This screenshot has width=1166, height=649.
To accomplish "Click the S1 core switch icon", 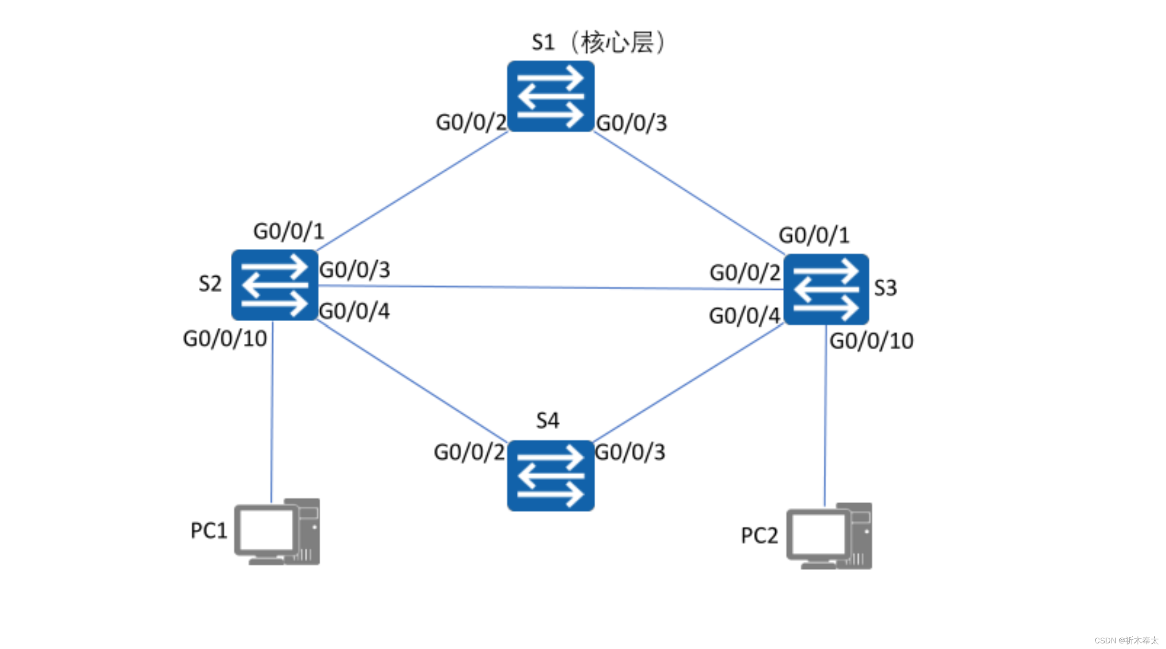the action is (x=551, y=96).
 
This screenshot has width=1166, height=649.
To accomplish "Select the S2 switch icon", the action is (x=275, y=285).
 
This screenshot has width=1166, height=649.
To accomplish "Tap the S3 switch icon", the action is (x=826, y=289).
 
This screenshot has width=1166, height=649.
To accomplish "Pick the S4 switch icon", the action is (x=551, y=475).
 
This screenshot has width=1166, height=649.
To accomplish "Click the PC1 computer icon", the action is (x=277, y=531).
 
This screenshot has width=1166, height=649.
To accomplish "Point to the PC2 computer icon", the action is (x=829, y=536).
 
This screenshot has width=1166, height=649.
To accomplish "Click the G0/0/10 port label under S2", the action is (x=225, y=339).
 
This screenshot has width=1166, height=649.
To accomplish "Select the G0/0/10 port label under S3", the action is (x=871, y=341).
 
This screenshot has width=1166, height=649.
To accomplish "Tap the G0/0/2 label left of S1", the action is (x=471, y=122).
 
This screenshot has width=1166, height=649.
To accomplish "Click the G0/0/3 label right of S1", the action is (x=631, y=123).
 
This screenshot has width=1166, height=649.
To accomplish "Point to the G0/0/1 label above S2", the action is (x=288, y=231).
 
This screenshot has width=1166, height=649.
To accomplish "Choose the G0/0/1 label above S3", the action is (x=814, y=235).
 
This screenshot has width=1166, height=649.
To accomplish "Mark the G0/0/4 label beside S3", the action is (x=744, y=316).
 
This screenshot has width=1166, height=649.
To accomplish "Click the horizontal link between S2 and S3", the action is (x=551, y=287).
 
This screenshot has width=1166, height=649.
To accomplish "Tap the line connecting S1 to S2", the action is (x=412, y=191).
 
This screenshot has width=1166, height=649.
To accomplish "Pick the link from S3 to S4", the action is (x=688, y=383).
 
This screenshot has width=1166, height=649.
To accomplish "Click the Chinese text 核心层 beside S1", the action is (x=617, y=43).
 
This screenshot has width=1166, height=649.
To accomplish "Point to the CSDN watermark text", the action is (x=1126, y=641).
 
